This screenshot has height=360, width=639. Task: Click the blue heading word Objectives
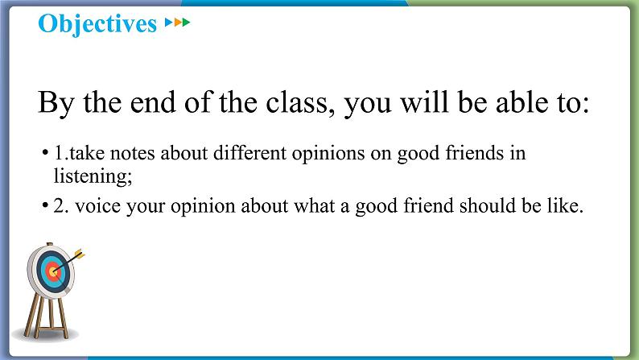(97, 23)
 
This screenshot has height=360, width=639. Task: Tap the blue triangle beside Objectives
(169, 22)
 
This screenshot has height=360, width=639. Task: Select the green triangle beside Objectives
(186, 22)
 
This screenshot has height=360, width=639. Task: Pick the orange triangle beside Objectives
(177, 22)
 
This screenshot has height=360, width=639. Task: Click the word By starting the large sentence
(56, 104)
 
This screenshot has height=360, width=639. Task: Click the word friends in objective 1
(475, 153)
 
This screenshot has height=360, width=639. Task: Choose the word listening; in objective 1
(93, 176)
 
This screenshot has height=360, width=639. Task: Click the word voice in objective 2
(98, 206)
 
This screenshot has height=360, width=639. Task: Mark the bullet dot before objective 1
(45, 153)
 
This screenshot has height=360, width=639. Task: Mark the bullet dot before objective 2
(45, 205)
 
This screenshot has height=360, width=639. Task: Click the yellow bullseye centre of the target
(52, 271)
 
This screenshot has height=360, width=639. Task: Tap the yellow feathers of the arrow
(80, 254)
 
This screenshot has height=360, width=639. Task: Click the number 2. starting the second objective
(61, 206)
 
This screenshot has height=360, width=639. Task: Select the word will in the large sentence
(425, 102)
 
